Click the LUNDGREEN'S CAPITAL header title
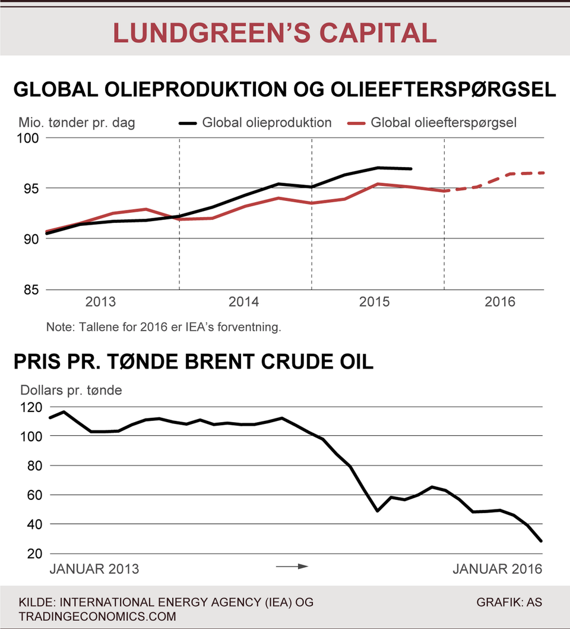(275, 33)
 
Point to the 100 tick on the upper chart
(30, 138)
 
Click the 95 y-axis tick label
(32, 188)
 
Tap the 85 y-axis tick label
(32, 290)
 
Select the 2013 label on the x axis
(102, 302)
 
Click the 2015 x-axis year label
(374, 302)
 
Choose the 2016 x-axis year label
(500, 302)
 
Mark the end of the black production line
(411, 169)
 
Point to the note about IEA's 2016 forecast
(163, 327)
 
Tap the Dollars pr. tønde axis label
(71, 391)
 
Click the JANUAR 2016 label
(498, 570)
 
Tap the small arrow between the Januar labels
(293, 567)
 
